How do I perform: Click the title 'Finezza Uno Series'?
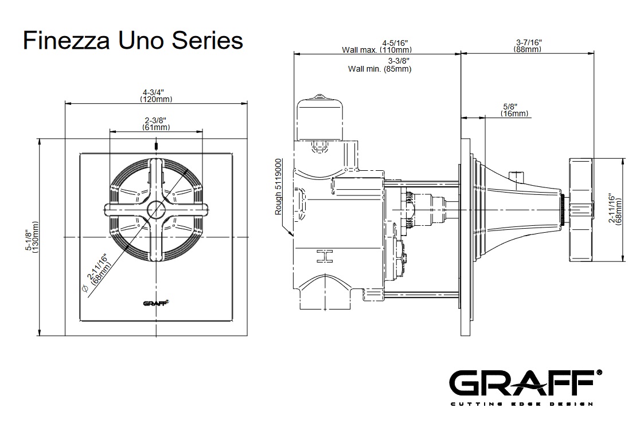(x=132, y=41)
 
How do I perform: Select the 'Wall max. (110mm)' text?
(x=376, y=50)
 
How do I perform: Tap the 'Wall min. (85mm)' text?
(x=380, y=69)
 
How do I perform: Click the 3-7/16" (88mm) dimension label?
(x=528, y=46)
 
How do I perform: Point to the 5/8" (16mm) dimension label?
(x=514, y=110)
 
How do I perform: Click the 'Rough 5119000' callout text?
(x=279, y=187)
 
